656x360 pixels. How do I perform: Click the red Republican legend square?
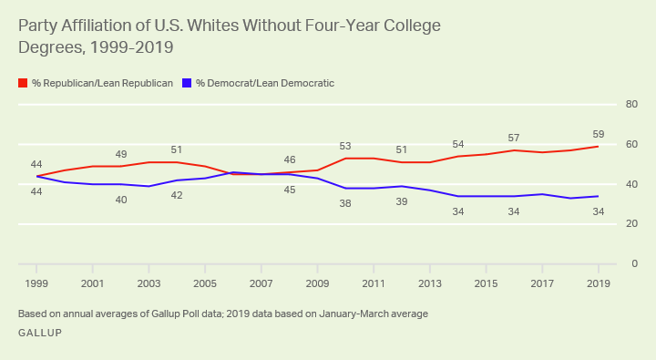[x=23, y=83]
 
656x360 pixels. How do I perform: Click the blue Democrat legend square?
[x=187, y=83]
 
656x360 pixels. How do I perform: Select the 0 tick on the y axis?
[x=632, y=263]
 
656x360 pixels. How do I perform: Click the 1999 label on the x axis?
[x=36, y=283]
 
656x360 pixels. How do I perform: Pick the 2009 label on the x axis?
[x=317, y=283]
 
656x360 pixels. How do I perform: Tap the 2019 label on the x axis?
[x=598, y=283]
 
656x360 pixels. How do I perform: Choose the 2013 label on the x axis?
[x=429, y=283]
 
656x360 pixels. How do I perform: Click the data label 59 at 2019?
[x=598, y=133]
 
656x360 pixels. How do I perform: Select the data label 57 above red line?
[x=514, y=138]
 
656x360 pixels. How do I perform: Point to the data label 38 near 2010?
[x=345, y=204]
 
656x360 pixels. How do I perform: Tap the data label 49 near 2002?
[x=121, y=154]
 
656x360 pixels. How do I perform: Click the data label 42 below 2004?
[x=177, y=195]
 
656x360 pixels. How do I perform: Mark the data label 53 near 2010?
[x=345, y=146]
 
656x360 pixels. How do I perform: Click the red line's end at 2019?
[x=598, y=146]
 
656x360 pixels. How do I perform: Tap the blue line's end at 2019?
[x=598, y=196]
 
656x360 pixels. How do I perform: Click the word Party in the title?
[x=38, y=26]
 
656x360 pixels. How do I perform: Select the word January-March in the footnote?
[x=357, y=314]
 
